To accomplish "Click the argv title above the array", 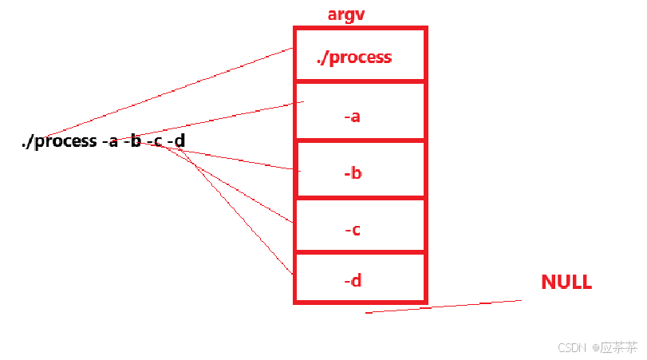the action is (x=346, y=15).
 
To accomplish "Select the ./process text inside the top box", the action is (x=354, y=57).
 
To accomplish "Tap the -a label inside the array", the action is (x=353, y=117).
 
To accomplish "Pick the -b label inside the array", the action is (x=353, y=172).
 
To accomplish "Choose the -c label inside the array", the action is (x=353, y=230).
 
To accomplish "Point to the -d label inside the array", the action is (x=353, y=281).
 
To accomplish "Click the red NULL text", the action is (x=566, y=282).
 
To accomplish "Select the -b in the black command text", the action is (x=132, y=142).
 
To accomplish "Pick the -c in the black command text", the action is (x=155, y=142).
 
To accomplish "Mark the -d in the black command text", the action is (x=176, y=142).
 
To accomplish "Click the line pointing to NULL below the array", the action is (x=444, y=307).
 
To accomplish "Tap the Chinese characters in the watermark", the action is (x=619, y=348).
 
